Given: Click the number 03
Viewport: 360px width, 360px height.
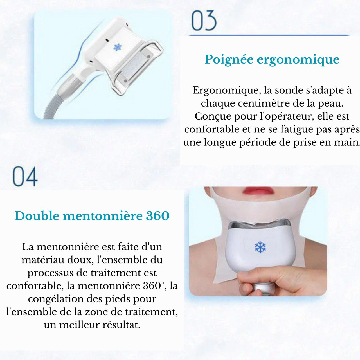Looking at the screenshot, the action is coord(204,21).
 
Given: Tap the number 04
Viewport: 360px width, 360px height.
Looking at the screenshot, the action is coord(25,177).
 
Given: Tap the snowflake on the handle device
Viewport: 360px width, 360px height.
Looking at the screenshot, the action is coord(118,47).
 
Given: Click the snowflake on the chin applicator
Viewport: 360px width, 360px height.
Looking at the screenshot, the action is coord(260,247).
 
